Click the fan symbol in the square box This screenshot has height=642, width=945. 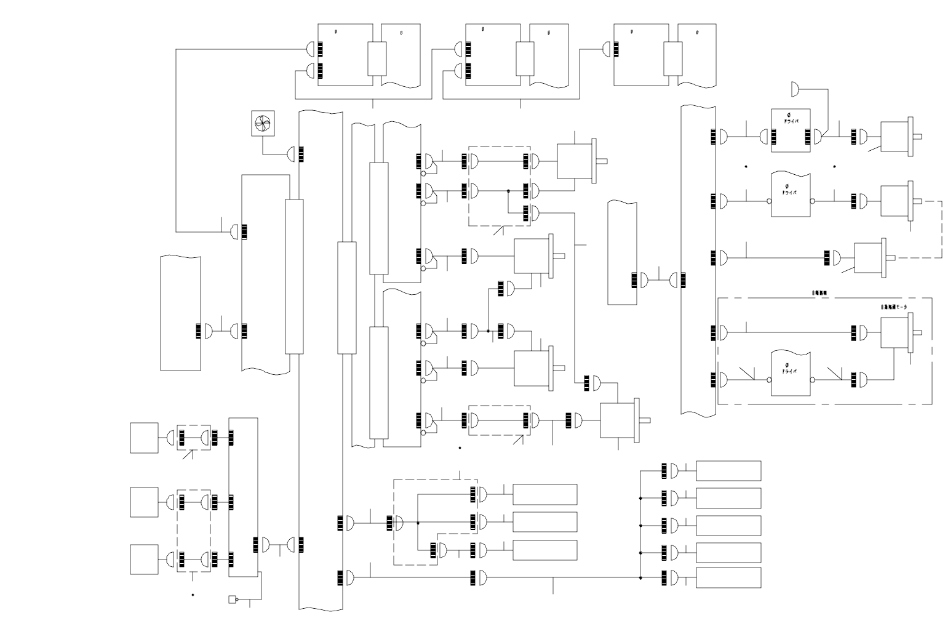click(x=263, y=124)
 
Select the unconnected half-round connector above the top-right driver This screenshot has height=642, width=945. click(x=795, y=90)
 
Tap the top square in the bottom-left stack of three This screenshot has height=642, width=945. click(x=144, y=438)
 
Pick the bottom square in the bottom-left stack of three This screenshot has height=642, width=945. click(x=144, y=560)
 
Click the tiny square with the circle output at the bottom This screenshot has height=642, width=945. click(x=232, y=600)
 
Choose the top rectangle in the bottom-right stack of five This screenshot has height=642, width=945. click(x=728, y=471)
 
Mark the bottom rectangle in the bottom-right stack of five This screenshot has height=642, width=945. click(x=728, y=578)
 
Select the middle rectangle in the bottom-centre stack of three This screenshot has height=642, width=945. click(x=544, y=522)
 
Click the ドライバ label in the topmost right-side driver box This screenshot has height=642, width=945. click(x=791, y=122)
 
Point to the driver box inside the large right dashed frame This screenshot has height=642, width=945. click(x=791, y=375)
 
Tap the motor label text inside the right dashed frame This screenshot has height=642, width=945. click(x=894, y=307)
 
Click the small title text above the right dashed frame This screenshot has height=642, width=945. click(x=819, y=293)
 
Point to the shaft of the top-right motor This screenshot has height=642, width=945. click(x=917, y=137)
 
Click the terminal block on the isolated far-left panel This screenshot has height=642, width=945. click(x=198, y=331)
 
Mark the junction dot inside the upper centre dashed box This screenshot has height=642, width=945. click(x=508, y=191)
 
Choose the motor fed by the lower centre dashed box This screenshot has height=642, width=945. click(x=620, y=421)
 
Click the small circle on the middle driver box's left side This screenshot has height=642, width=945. click(x=769, y=201)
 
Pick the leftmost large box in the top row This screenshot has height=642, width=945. click(x=345, y=54)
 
